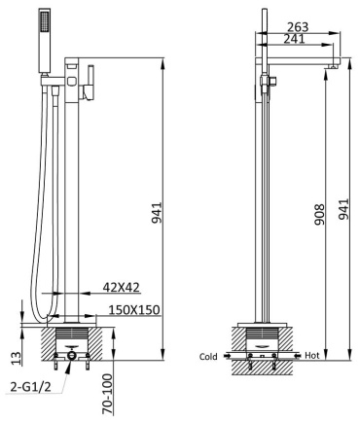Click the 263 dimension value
click(298, 27)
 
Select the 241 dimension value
click(294, 39)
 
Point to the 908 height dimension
click(319, 214)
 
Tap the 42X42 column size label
click(121, 287)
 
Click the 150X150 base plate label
click(134, 310)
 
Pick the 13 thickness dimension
click(17, 357)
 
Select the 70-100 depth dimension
click(107, 394)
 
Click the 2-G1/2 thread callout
click(31, 387)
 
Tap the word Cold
click(208, 357)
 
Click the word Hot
click(312, 356)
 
